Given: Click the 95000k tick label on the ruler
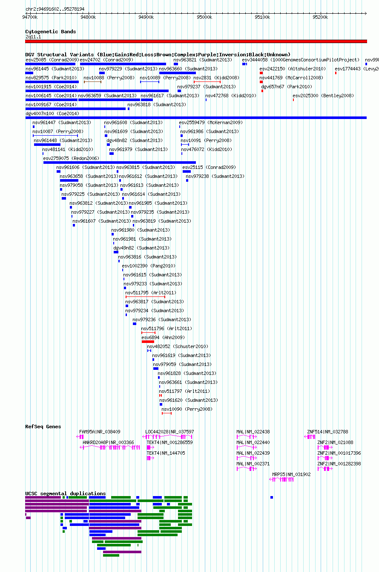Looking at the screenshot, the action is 204,17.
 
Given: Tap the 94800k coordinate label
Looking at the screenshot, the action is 88,17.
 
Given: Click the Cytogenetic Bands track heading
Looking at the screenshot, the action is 51,32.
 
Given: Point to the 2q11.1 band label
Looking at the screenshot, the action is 33,37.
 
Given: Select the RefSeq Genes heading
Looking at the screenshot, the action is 43,427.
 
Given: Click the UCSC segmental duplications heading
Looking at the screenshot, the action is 66,494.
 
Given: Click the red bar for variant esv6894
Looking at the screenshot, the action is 148,342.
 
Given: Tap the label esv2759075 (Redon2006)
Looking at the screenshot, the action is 71,158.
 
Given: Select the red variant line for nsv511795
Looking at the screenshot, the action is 145,297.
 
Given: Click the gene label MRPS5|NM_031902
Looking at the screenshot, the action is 291,474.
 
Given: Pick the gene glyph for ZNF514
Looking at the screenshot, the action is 310,437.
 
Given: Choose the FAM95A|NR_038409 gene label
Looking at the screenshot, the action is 100,432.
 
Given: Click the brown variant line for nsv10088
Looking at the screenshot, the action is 92,82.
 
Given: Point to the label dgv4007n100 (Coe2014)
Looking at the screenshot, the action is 52,113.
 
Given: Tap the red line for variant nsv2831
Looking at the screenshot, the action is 207,82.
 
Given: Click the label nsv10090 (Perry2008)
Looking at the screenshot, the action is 187,409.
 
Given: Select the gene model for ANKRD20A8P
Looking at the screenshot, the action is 110,447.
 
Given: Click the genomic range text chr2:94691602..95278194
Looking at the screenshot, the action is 55,9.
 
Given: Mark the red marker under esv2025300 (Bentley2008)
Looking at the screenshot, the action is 293,100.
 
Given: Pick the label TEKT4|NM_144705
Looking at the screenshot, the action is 166,453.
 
